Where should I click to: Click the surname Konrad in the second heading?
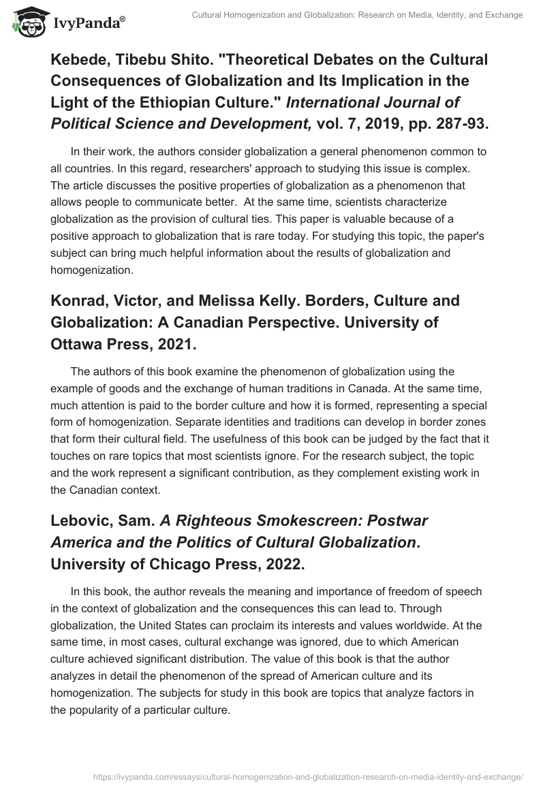75,300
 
